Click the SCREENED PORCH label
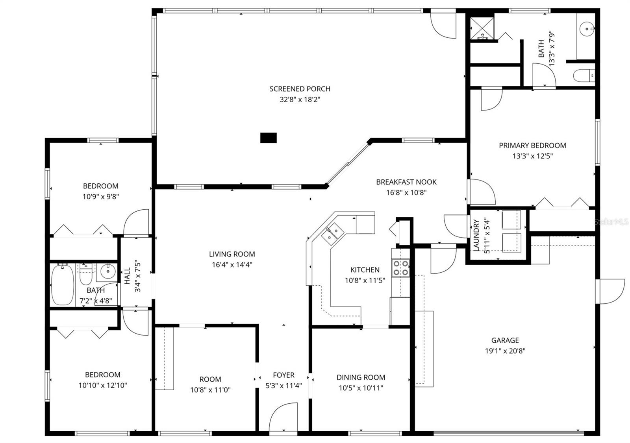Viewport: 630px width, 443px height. [x=300, y=89]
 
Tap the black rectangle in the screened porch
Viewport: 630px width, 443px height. [x=269, y=138]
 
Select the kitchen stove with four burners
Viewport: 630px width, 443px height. [x=400, y=268]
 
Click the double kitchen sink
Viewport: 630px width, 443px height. [x=332, y=233]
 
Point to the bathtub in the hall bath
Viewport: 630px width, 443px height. [x=62, y=284]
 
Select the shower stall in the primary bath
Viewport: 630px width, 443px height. [x=481, y=28]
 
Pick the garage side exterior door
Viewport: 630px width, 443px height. [x=610, y=291]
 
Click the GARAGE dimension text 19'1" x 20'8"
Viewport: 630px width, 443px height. [x=505, y=351]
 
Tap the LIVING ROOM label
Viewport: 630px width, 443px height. [x=232, y=254]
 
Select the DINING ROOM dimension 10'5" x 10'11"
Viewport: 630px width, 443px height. [x=361, y=388]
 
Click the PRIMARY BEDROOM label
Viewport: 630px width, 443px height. [x=532, y=146]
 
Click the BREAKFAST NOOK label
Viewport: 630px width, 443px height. [x=406, y=182]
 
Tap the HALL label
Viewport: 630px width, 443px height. [x=127, y=276]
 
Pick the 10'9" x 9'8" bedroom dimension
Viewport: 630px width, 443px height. [x=101, y=197]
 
